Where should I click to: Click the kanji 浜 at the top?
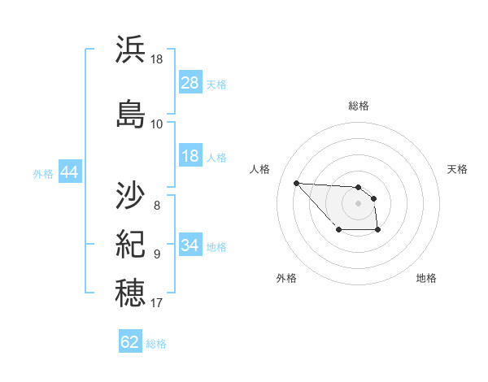(131, 50)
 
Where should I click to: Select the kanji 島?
(131, 113)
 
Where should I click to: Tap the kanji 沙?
(131, 196)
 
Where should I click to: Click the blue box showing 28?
(190, 84)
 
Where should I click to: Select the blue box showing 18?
(190, 157)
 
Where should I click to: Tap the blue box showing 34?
(190, 245)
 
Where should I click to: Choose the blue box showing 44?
(69, 173)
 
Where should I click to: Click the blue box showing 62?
(130, 342)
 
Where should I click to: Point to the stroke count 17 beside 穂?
(157, 303)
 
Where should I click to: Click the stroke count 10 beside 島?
(157, 124)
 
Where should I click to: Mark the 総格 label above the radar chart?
(359, 106)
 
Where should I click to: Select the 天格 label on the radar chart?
(457, 169)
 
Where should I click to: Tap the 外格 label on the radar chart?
(286, 278)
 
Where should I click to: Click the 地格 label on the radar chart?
(426, 278)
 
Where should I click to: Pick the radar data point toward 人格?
(296, 183)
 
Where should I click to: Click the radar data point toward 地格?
(378, 231)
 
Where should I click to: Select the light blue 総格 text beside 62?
(156, 344)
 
